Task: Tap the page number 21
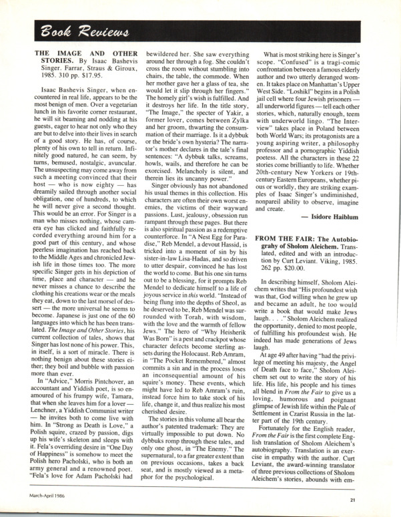click(x=379, y=498)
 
